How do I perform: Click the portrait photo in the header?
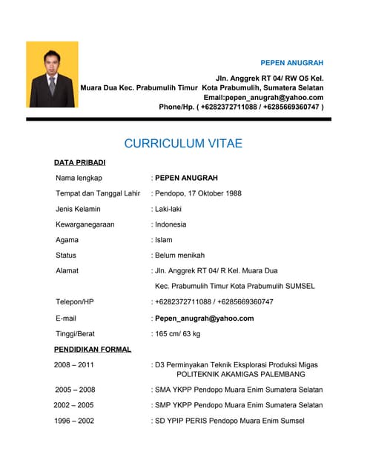[52, 74]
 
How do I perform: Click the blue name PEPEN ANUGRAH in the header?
[291, 62]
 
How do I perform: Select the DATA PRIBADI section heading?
[80, 161]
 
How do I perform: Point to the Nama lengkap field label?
[79, 178]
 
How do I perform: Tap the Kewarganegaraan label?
[85, 224]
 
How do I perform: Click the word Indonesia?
[171, 224]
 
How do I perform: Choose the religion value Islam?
[165, 240]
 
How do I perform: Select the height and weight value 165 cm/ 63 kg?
[178, 334]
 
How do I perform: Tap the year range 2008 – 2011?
[74, 365]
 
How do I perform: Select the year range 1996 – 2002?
[74, 421]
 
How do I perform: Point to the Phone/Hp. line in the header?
[241, 107]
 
